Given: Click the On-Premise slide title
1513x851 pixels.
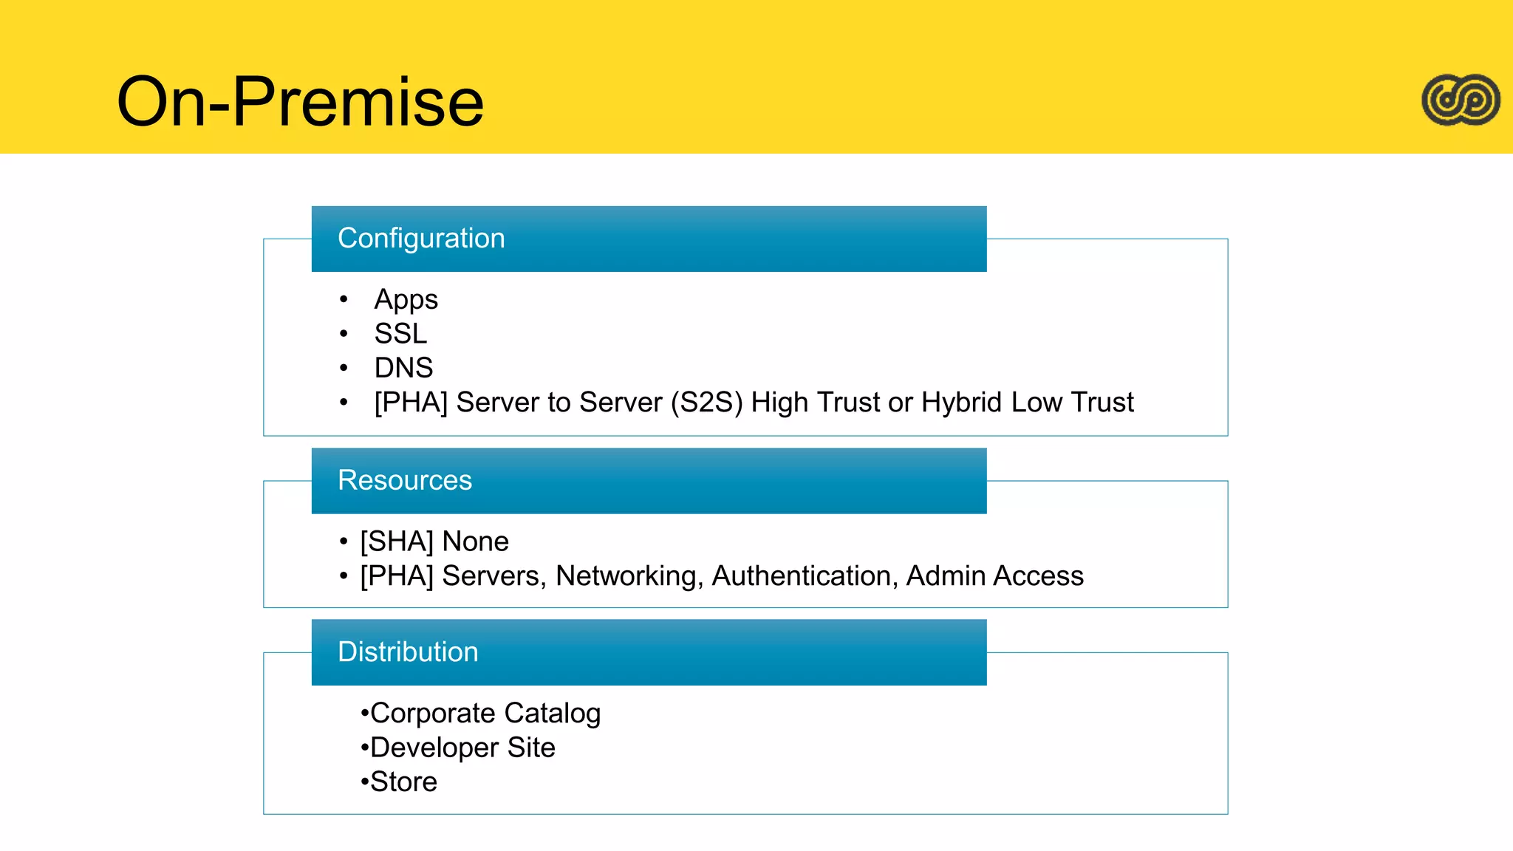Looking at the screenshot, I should (x=300, y=101).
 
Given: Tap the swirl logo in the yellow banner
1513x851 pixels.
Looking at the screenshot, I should (x=1461, y=100).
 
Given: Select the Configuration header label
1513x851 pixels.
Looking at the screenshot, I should (x=421, y=239).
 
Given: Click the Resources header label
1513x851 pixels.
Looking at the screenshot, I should (x=405, y=481).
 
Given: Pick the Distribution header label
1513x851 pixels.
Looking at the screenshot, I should (x=408, y=652).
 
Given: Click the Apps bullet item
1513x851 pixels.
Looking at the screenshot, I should (x=406, y=300).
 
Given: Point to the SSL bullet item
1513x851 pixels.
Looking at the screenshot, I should (x=400, y=334).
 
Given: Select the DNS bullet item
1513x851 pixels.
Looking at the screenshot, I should (x=403, y=368).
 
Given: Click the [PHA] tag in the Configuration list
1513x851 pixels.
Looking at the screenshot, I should (x=411, y=403).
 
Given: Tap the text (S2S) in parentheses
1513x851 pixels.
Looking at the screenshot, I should (x=706, y=403).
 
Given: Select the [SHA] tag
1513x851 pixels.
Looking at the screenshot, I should (x=397, y=541).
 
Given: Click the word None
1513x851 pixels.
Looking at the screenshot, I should (x=475, y=541).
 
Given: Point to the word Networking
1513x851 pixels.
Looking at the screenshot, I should (x=629, y=576).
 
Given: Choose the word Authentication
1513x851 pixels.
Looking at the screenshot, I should (x=805, y=576).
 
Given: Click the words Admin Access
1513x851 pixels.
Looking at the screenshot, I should (x=994, y=576).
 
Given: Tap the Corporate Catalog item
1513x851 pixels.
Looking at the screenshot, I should (x=485, y=714).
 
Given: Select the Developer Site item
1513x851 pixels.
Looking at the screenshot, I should (x=462, y=748).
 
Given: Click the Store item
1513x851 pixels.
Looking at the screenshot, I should (x=403, y=782).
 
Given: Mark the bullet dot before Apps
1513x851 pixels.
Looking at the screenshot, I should (x=344, y=299).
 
